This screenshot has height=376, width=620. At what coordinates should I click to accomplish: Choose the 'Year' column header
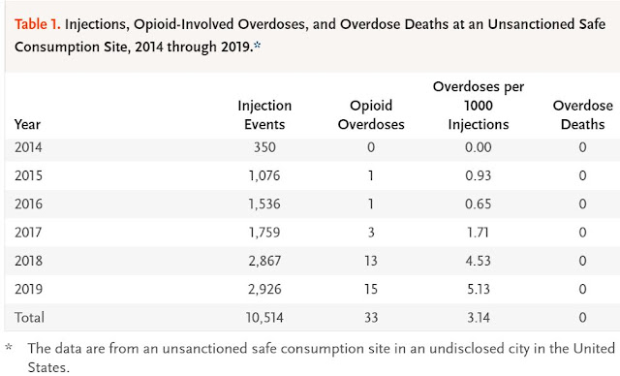tap(28, 123)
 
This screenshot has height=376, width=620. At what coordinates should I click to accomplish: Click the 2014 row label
tap(30, 147)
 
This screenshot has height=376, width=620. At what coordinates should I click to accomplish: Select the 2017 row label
tap(30, 232)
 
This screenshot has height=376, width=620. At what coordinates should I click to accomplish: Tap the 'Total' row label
tap(29, 317)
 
